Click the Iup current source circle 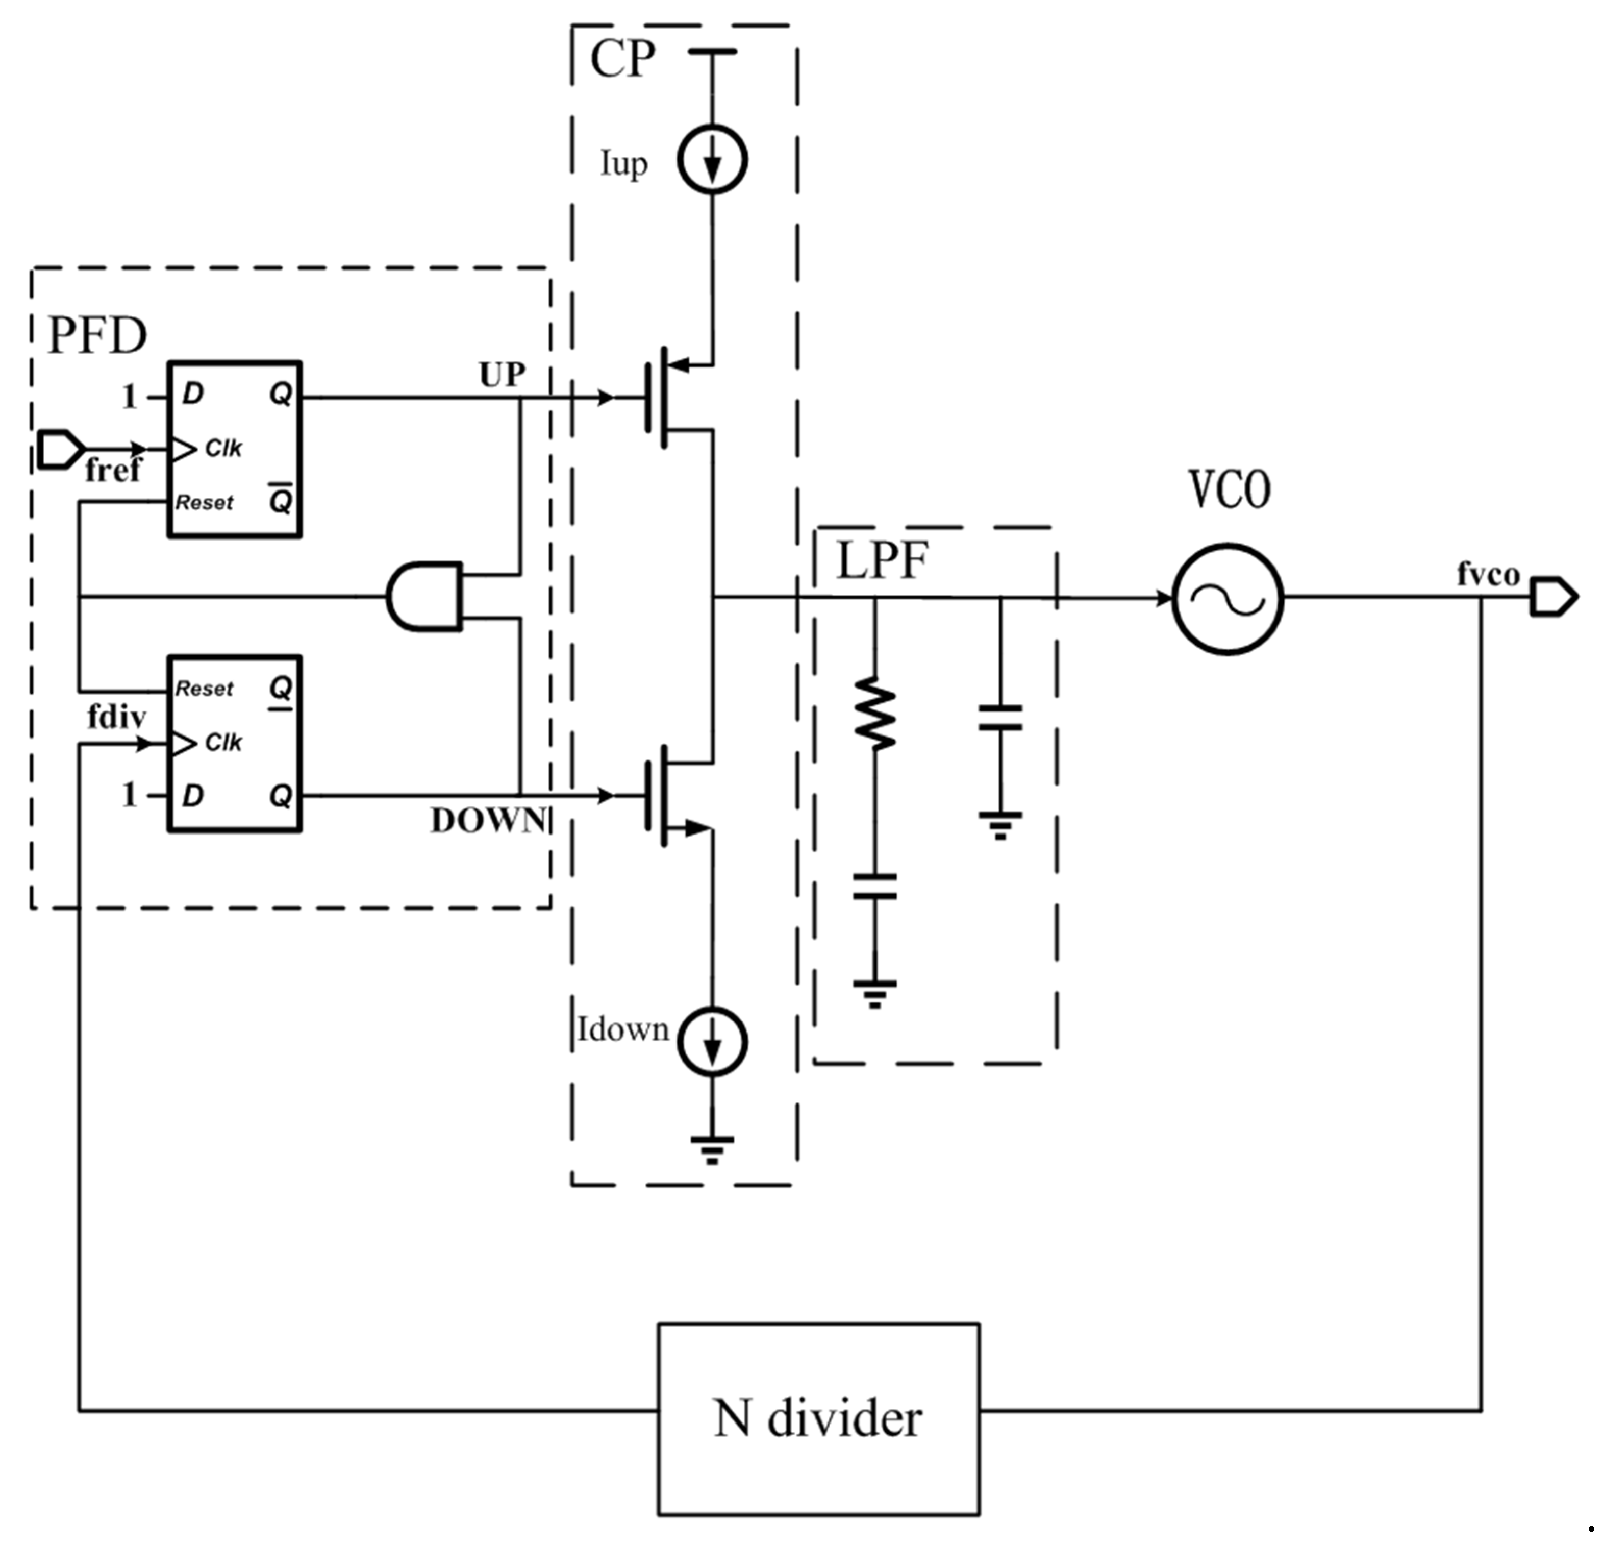(712, 160)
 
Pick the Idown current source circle (712, 1043)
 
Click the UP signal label (502, 375)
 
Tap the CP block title (622, 59)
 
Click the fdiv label (117, 718)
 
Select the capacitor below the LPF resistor (874, 887)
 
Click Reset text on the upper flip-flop (205, 502)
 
